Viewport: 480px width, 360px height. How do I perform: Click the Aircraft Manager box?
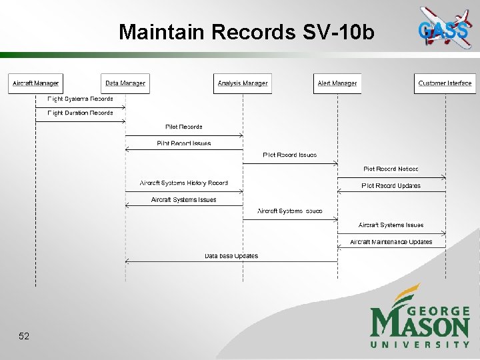pyautogui.click(x=35, y=83)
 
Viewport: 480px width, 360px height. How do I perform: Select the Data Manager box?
pyautogui.click(x=125, y=83)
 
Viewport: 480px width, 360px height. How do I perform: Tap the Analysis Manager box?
pyautogui.click(x=243, y=83)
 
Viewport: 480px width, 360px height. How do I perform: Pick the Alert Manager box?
pyautogui.click(x=337, y=83)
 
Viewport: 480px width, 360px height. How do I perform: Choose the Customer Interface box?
pyautogui.click(x=445, y=83)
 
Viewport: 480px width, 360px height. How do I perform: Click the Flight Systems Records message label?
pyautogui.click(x=80, y=99)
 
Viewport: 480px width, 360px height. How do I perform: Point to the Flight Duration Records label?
pyautogui.click(x=80, y=113)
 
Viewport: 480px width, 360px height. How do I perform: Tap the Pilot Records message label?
pyautogui.click(x=183, y=127)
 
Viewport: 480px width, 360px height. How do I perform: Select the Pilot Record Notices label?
pyautogui.click(x=391, y=169)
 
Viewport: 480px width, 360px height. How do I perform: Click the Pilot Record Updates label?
pyautogui.click(x=391, y=185)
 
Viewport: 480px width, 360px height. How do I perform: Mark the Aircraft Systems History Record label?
pyautogui.click(x=183, y=183)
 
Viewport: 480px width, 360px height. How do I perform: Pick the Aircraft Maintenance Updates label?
pyautogui.click(x=391, y=242)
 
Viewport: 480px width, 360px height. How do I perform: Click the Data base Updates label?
pyautogui.click(x=231, y=256)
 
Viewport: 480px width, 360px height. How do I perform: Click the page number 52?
pyautogui.click(x=24, y=337)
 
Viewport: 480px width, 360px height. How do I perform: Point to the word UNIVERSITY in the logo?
pyautogui.click(x=420, y=344)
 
